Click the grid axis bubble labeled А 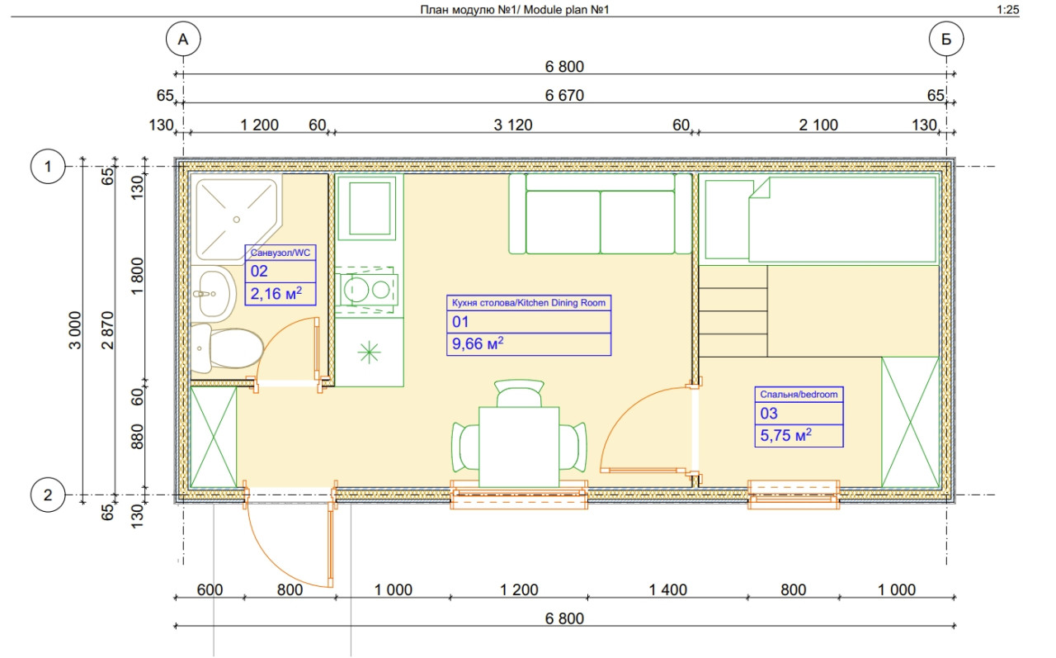click(x=183, y=39)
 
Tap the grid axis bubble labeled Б click(x=946, y=39)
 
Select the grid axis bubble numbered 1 click(x=48, y=166)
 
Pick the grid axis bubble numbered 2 click(x=48, y=495)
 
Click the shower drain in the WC click(x=237, y=220)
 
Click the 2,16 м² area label click(x=276, y=294)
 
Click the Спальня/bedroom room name click(x=799, y=395)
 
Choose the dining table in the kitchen click(x=519, y=447)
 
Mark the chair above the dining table click(x=519, y=393)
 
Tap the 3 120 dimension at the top click(x=513, y=125)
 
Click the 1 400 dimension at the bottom click(x=667, y=589)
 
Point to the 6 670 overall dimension click(x=564, y=95)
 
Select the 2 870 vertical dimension click(x=108, y=330)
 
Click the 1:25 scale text click(x=1008, y=9)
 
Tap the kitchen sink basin click(x=370, y=208)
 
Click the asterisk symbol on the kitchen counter click(x=369, y=352)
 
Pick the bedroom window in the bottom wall click(x=794, y=495)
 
